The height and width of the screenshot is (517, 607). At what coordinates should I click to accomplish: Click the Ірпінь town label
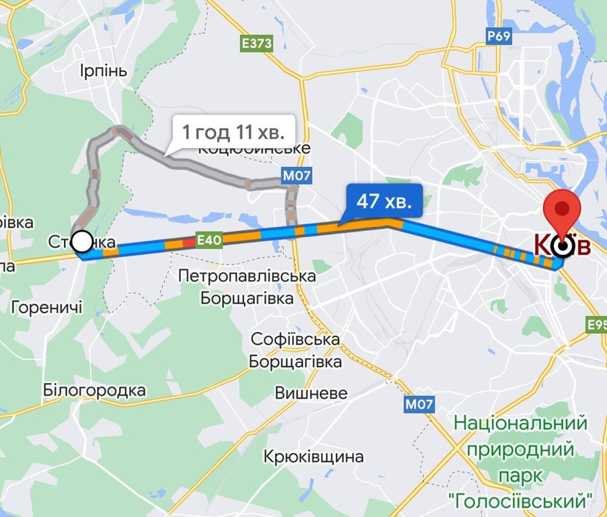(x=103, y=71)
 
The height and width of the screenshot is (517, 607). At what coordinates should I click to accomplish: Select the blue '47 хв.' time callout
(x=384, y=201)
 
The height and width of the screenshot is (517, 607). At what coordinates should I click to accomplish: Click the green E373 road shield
(x=256, y=44)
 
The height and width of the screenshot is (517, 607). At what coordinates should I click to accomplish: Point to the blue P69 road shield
(x=499, y=36)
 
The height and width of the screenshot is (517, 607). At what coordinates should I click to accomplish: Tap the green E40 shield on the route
(x=209, y=238)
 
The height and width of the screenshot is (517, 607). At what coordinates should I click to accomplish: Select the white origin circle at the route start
(x=82, y=240)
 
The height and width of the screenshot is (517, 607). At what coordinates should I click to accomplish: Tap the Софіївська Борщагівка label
(x=295, y=350)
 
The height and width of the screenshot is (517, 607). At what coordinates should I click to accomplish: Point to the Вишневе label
(x=311, y=393)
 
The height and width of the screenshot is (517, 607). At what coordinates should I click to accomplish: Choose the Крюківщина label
(x=314, y=456)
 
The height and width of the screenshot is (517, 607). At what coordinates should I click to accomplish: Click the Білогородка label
(x=94, y=390)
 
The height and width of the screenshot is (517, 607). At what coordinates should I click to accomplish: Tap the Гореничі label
(x=47, y=308)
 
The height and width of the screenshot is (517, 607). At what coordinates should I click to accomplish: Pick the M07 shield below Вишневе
(x=419, y=405)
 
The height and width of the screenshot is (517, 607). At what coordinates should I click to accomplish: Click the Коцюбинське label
(x=254, y=149)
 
